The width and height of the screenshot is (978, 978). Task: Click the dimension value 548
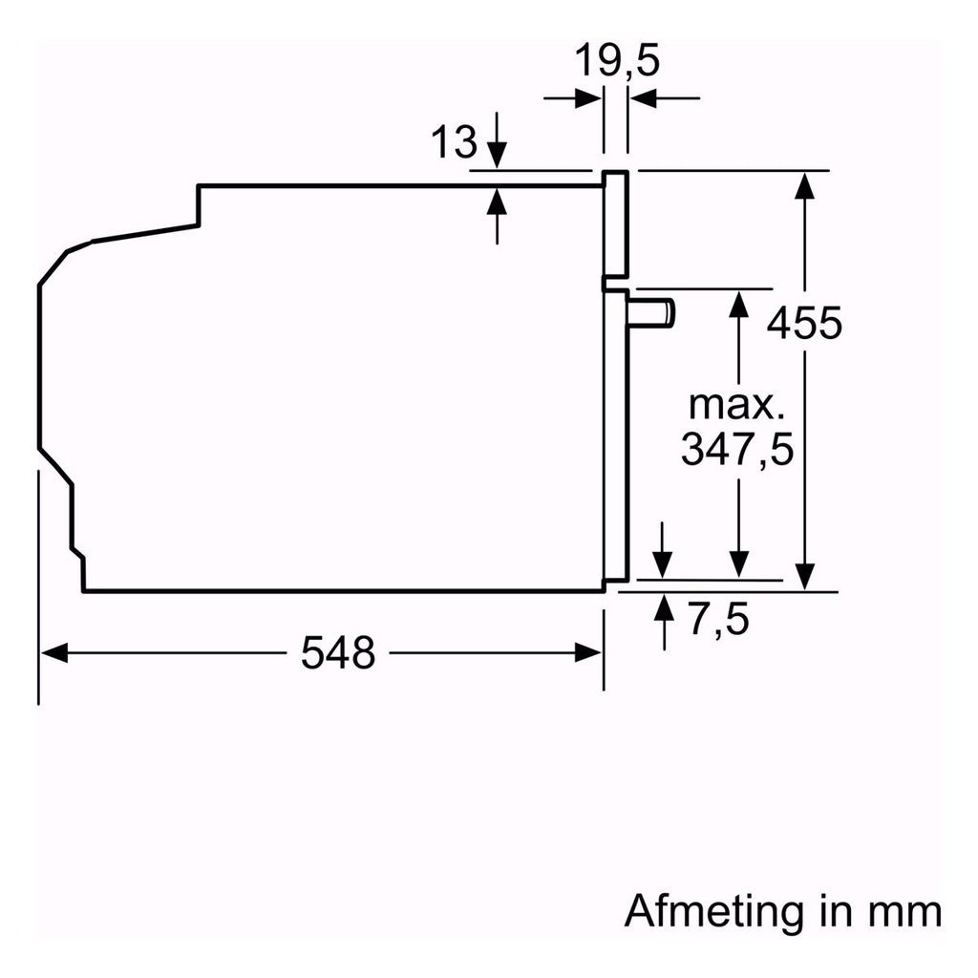(x=337, y=653)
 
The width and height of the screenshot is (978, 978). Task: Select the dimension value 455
(x=805, y=323)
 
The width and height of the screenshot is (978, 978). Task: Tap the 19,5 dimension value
(x=616, y=62)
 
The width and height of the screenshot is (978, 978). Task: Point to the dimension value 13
(x=453, y=143)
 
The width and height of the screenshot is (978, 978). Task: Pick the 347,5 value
(x=736, y=449)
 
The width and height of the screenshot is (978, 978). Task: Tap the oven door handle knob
(x=652, y=312)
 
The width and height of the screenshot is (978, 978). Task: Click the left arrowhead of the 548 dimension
(x=53, y=653)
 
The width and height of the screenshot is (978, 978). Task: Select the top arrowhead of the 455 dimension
(x=805, y=184)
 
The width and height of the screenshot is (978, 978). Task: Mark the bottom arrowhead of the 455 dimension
(x=805, y=576)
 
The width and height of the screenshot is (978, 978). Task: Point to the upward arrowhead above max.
(x=737, y=304)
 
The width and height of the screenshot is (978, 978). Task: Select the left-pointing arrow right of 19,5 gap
(x=643, y=96)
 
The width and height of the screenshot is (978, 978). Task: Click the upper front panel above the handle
(x=615, y=224)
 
